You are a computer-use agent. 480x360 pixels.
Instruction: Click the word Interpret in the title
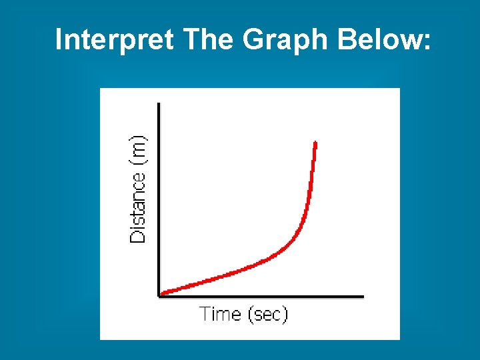113,40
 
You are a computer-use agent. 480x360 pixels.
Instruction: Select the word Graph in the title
286,40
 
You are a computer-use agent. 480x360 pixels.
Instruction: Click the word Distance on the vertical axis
138,208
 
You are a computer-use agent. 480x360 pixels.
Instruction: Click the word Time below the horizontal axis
221,313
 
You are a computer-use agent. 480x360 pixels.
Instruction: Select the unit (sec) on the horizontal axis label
267,313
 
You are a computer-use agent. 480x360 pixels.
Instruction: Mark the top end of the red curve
315,143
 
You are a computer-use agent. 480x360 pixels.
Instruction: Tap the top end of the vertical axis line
159,104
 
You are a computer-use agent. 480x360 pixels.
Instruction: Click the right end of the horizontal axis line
363,296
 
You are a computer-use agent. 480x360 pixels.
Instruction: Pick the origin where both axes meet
159,296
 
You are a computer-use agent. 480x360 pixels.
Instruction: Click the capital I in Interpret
59,40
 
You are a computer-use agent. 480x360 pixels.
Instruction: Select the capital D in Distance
138,235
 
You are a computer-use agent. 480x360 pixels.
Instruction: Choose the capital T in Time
205,313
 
